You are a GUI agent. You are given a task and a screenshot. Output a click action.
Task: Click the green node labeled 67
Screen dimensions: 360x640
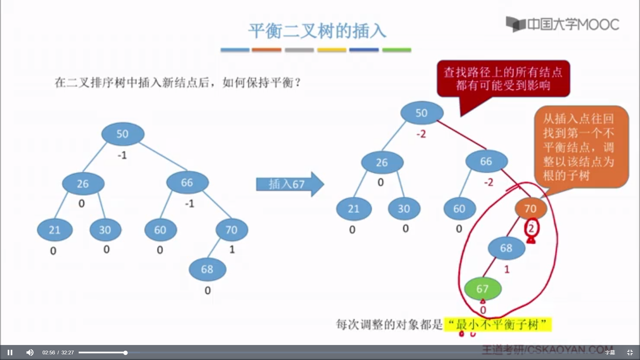[x=483, y=289]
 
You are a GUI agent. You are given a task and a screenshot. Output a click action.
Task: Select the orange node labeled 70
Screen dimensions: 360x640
[x=531, y=209]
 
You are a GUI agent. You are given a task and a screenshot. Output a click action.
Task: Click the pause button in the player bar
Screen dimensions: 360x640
[x=10, y=352]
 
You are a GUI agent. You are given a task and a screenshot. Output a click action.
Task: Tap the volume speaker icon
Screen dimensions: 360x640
[x=30, y=352]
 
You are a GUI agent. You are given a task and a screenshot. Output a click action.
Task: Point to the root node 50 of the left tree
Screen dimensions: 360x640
[x=123, y=134]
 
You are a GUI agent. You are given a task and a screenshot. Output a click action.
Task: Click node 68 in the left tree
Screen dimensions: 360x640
[x=207, y=269]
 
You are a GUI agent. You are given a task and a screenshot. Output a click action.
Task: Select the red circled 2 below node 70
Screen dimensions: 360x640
[x=531, y=228]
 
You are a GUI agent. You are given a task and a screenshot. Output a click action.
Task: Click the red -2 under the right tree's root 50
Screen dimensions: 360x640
[x=421, y=134]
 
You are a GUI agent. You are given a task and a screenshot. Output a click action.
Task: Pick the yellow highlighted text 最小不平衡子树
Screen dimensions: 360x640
[x=498, y=324]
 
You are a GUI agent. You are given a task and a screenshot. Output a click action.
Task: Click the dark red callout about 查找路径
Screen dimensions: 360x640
[x=503, y=79]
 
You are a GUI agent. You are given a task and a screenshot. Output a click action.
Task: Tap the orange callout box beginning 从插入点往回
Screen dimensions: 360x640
[x=580, y=147]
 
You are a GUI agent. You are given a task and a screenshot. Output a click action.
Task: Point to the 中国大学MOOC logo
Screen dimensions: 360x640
[x=563, y=24]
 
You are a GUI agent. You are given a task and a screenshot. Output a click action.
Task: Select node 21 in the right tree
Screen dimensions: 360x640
[x=354, y=209]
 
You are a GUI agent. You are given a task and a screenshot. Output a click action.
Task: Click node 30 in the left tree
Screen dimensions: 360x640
[x=105, y=230]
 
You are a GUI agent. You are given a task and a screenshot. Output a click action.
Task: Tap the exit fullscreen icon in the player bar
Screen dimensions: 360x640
[x=630, y=352]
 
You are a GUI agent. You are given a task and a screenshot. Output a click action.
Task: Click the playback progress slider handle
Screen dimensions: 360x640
[x=125, y=352]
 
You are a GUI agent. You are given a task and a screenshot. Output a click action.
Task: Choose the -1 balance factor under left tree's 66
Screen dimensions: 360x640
[x=189, y=203]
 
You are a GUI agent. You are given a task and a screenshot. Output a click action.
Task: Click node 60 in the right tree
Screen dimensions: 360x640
[x=459, y=209]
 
